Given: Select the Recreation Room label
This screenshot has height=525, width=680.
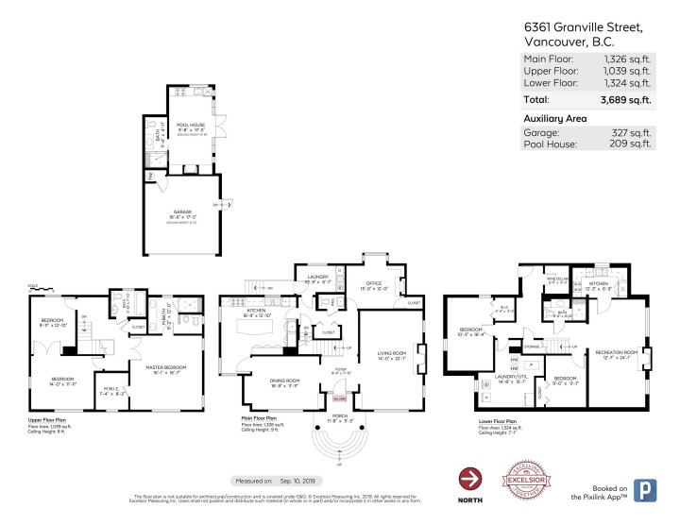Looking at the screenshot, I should (x=616, y=352).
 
